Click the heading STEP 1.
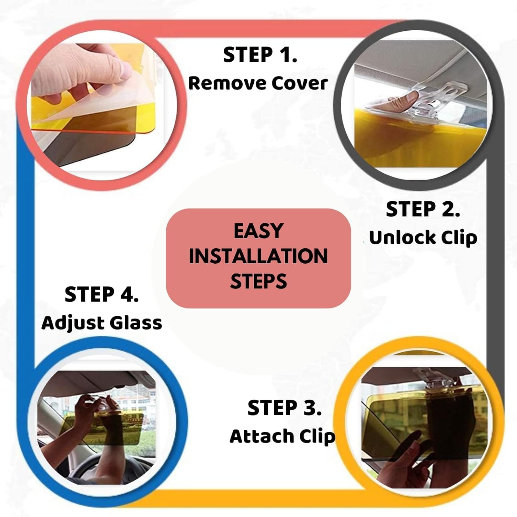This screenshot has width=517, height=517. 260,55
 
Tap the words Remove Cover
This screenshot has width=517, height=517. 258,83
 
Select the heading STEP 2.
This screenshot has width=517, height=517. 423,210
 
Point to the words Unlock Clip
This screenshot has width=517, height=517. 423,238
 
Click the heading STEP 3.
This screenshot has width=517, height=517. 284,408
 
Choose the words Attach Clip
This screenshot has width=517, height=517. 282,436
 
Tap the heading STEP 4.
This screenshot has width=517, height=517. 102,295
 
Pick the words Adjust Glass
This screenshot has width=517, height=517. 102,323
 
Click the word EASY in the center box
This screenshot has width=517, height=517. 258,231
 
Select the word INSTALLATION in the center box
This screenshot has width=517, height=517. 258,256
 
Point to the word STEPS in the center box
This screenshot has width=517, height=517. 258,281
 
